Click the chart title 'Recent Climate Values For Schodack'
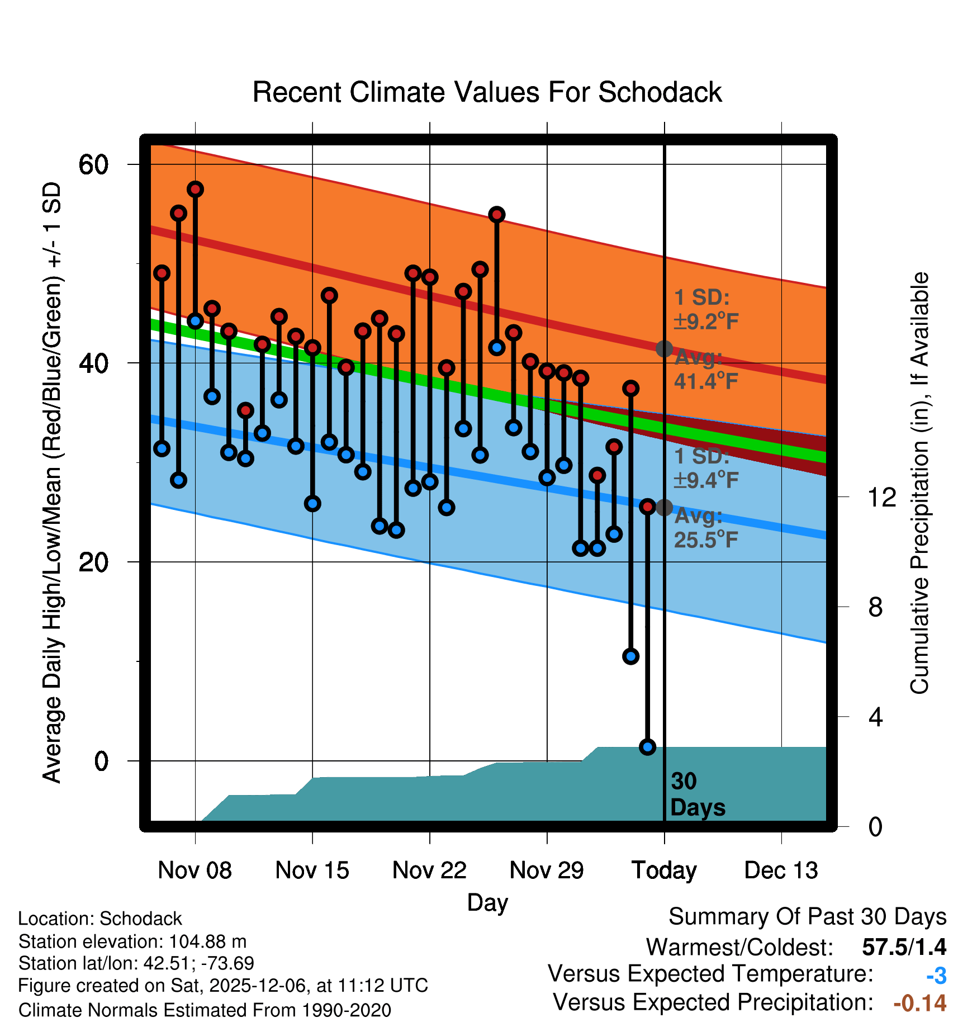pyautogui.click(x=487, y=92)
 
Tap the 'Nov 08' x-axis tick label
pyautogui.click(x=195, y=870)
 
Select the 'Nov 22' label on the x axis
pyautogui.click(x=429, y=870)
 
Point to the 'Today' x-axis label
pyautogui.click(x=664, y=870)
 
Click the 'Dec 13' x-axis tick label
pyautogui.click(x=781, y=870)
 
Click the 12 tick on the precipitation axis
pyautogui.click(x=881, y=497)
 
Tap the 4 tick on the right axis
pyautogui.click(x=875, y=717)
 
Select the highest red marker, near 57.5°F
pyautogui.click(x=195, y=189)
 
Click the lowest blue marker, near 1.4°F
pyautogui.click(x=647, y=746)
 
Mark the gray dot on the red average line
pyautogui.click(x=664, y=349)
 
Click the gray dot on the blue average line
pyautogui.click(x=664, y=508)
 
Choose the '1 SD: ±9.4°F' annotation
pyautogui.click(x=706, y=468)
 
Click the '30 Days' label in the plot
pyautogui.click(x=697, y=794)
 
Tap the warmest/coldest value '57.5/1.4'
pyautogui.click(x=904, y=947)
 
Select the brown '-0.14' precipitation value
pyautogui.click(x=919, y=1003)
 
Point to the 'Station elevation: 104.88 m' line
pyautogui.click(x=132, y=941)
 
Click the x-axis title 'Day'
pyautogui.click(x=487, y=902)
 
